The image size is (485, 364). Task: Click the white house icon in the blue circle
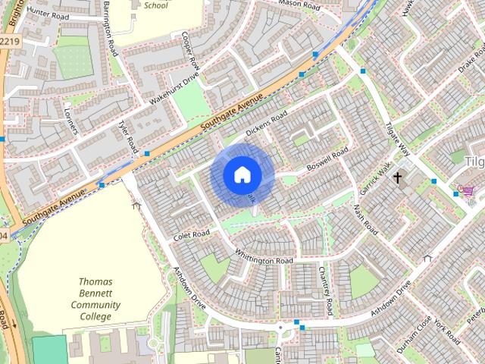coord(242,174)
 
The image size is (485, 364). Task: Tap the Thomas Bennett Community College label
coord(95,299)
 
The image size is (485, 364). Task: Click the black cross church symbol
coord(397,177)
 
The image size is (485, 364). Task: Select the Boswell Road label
coord(327,160)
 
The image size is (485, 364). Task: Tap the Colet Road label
coord(190,234)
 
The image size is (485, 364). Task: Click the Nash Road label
coord(365,218)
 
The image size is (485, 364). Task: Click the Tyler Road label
coord(126,134)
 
